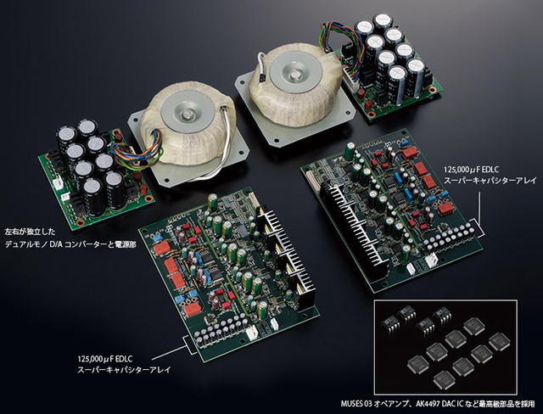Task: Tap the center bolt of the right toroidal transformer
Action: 296,73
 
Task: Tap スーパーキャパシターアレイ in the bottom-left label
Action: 125,370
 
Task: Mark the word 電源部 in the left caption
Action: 125,244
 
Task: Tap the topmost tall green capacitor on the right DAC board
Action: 349,149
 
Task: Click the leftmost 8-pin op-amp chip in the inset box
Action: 390,326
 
